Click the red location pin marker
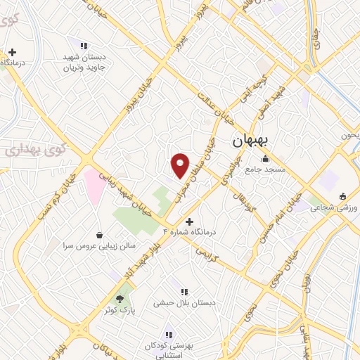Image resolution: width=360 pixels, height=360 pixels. [x=180, y=165]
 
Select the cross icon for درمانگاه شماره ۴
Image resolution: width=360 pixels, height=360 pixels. [x=188, y=221]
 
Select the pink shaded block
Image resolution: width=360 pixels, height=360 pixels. [x=93, y=185]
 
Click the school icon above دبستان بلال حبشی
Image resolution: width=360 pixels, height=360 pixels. [x=184, y=291]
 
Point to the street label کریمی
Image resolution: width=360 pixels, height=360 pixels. [x=209, y=252]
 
